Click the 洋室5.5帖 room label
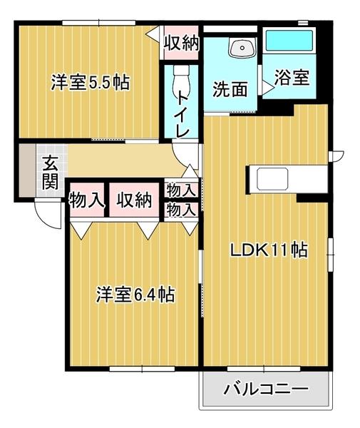pyautogui.click(x=89, y=82)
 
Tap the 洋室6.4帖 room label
pyautogui.click(x=136, y=294)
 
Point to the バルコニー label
pyautogui.click(x=266, y=389)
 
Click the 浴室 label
pyautogui.click(x=294, y=77)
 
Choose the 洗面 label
pyautogui.click(x=230, y=90)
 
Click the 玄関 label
pyautogui.click(x=49, y=173)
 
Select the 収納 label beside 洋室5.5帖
pyautogui.click(x=180, y=43)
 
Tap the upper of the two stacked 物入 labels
pyautogui.click(x=180, y=190)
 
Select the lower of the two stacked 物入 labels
pyautogui.click(x=180, y=210)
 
